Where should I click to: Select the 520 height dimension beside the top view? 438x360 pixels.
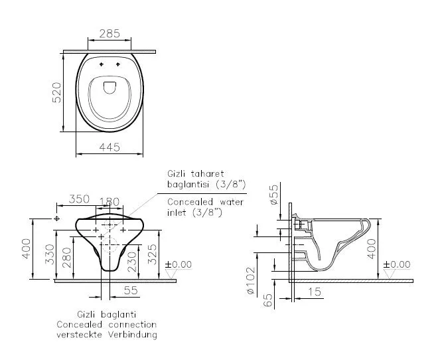[x=56, y=94]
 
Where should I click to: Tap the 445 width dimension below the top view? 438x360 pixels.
[x=110, y=147]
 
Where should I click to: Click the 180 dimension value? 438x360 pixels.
[x=109, y=201]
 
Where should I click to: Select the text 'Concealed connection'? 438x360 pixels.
[x=107, y=324]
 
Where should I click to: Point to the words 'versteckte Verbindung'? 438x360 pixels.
[x=107, y=335]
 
